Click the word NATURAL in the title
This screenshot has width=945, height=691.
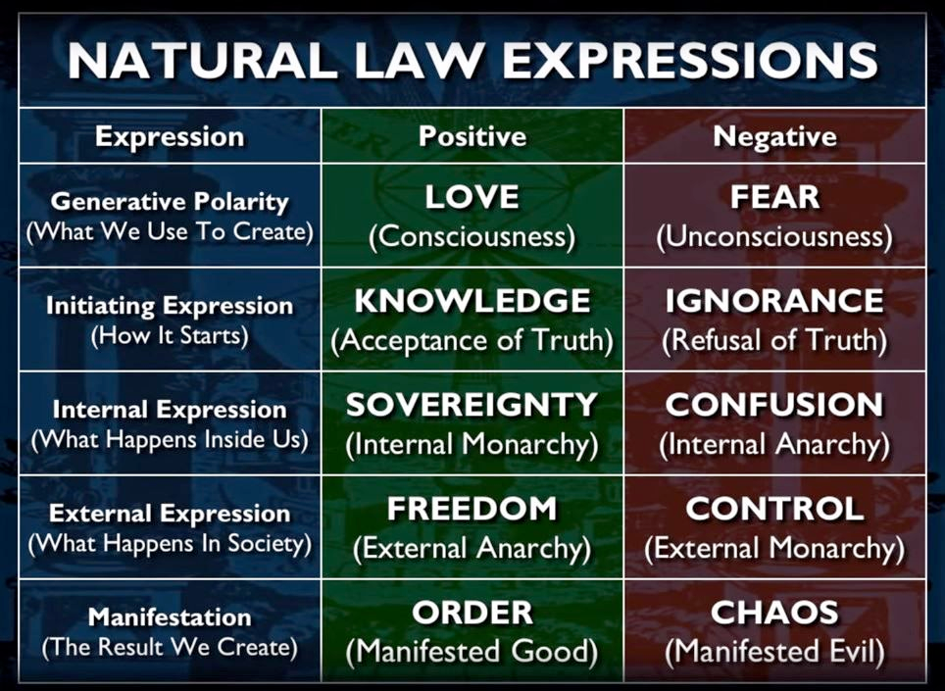[x=203, y=60]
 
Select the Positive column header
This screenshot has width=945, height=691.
[x=472, y=137]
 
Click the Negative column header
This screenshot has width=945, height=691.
[x=775, y=136]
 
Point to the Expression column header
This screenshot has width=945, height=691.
[x=170, y=137]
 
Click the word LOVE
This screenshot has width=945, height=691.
[x=472, y=197]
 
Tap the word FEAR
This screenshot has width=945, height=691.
[x=775, y=197]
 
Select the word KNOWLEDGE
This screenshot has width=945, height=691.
[x=472, y=301]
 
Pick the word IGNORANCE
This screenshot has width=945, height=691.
[x=774, y=301]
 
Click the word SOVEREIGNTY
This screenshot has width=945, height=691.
[x=472, y=404]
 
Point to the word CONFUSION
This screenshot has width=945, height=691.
[x=774, y=404]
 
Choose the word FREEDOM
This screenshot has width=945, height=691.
[x=472, y=508]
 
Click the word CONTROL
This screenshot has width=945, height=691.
[x=775, y=508]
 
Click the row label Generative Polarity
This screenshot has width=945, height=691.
[x=170, y=202]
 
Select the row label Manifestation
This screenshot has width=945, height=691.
[x=170, y=617]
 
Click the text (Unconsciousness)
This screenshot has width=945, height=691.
[x=774, y=236]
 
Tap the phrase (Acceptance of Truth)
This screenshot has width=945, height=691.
[x=472, y=340]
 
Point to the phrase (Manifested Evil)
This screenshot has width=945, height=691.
[x=775, y=652]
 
